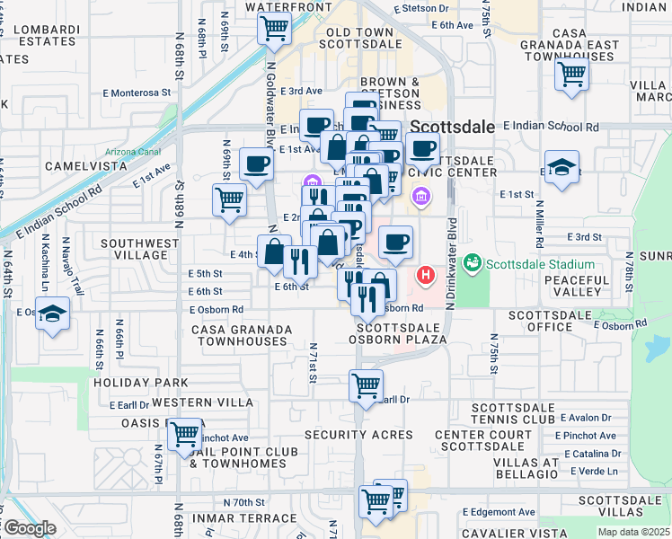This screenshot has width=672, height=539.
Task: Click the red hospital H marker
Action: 426,274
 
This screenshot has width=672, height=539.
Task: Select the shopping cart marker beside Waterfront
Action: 274,29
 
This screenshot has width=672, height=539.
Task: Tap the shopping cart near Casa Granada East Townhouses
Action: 571,75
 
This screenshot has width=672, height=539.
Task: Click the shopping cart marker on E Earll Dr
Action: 366,386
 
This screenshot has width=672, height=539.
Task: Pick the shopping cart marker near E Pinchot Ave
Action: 185,435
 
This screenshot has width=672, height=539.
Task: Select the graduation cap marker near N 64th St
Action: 54,314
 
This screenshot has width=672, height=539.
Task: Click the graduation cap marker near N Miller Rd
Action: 561,168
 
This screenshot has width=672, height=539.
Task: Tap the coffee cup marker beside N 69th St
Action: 258,165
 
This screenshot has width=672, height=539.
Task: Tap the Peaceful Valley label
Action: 589,287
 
